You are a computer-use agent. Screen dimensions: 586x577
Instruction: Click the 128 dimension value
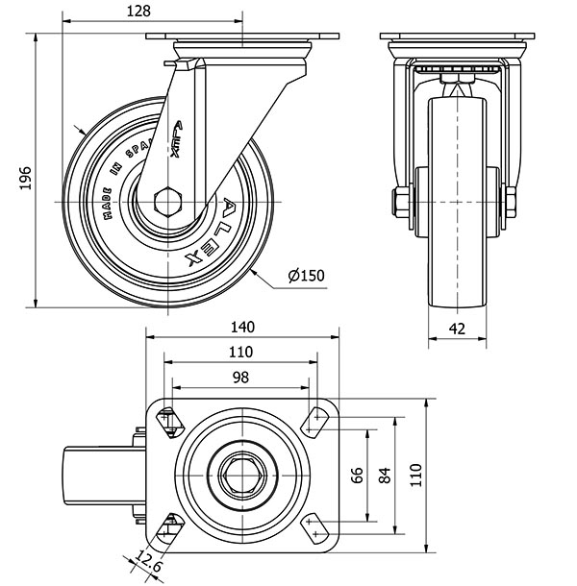(141, 11)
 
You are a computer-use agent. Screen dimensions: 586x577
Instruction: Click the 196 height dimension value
(25, 177)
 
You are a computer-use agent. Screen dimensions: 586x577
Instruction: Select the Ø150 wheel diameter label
(307, 278)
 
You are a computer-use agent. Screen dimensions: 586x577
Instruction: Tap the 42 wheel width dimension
(458, 328)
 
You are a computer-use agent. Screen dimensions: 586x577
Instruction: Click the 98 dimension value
(240, 378)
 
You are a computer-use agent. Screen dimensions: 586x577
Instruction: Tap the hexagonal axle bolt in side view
(169, 202)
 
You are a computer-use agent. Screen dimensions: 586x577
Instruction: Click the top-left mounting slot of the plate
(170, 421)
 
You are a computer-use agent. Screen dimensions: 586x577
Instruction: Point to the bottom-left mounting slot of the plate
(170, 526)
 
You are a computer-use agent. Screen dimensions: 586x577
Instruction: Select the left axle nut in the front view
(397, 202)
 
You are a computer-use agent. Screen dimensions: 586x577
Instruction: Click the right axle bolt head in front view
(511, 202)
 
